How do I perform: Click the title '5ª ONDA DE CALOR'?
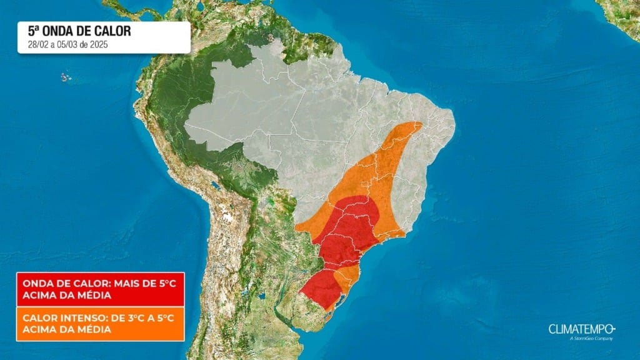[79, 31]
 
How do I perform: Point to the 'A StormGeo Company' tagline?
[591, 339]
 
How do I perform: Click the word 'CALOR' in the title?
[112, 31]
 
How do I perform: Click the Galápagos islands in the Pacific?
[65, 77]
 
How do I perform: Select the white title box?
[103, 37]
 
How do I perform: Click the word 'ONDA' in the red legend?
[36, 283]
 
